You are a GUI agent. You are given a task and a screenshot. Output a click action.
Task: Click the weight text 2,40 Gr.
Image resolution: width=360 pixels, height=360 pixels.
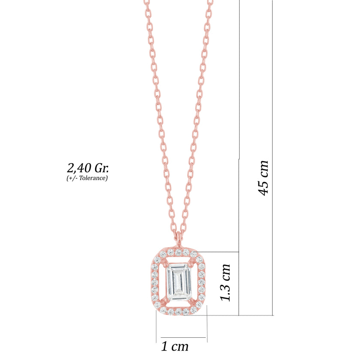[x=88, y=168]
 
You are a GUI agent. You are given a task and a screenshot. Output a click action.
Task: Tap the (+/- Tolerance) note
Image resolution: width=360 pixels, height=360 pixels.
[x=87, y=178]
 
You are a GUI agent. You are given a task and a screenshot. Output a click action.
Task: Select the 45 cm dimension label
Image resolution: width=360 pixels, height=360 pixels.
[x=263, y=178]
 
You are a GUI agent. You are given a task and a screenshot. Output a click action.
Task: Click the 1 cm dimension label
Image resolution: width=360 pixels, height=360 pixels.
[x=175, y=346]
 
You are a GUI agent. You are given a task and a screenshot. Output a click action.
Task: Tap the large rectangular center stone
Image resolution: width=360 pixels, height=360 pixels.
[x=179, y=282]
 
